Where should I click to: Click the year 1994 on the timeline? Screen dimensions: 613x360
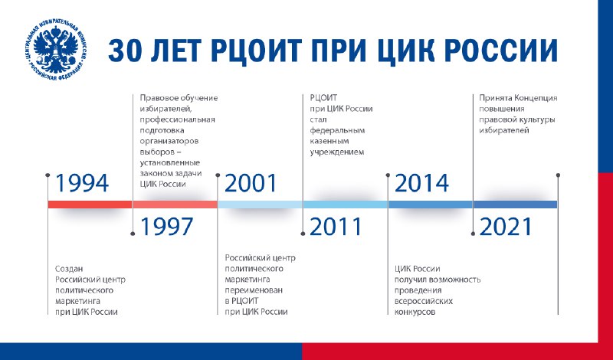82,183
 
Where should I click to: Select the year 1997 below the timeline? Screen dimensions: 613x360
167,226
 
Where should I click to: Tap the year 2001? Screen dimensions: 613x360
251,183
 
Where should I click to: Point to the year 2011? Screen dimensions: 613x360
336,226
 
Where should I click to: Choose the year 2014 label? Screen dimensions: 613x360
422,183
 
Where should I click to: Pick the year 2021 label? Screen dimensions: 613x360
506,226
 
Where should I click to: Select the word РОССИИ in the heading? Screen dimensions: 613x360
501,51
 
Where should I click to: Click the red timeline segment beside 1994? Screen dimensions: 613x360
90,205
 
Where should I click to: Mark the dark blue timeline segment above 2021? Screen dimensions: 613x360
515,205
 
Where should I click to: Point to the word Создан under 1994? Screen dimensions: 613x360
69,269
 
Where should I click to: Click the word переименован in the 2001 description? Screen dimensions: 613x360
254,290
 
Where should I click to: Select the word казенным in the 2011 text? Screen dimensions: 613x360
329,141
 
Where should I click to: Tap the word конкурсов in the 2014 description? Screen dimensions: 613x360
415,312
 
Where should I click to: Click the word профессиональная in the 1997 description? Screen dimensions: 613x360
178,119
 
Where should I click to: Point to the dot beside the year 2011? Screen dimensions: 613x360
303,234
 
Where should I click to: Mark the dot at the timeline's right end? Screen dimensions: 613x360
558,175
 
